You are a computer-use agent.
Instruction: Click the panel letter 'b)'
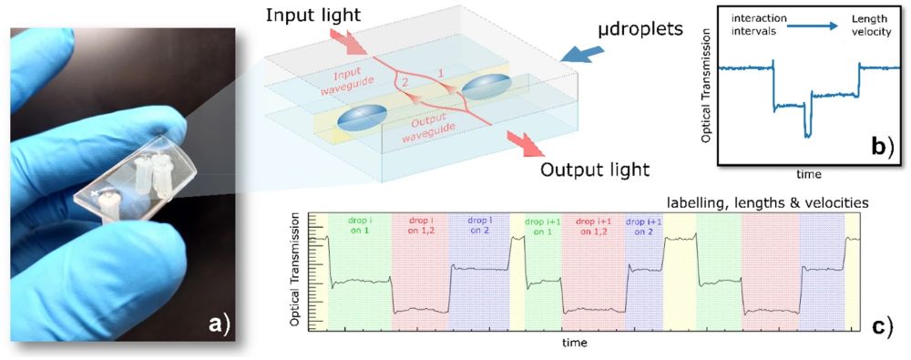pyautogui.click(x=874, y=145)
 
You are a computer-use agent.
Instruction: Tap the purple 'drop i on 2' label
pyautogui.click(x=479, y=225)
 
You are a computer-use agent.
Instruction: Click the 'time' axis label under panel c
pyautogui.click(x=575, y=343)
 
